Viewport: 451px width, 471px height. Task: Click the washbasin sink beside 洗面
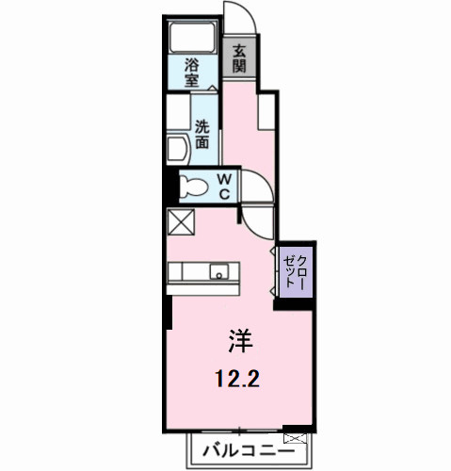[179, 151]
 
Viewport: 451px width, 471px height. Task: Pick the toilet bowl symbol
[191, 186]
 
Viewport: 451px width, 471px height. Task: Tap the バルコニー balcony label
[243, 450]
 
